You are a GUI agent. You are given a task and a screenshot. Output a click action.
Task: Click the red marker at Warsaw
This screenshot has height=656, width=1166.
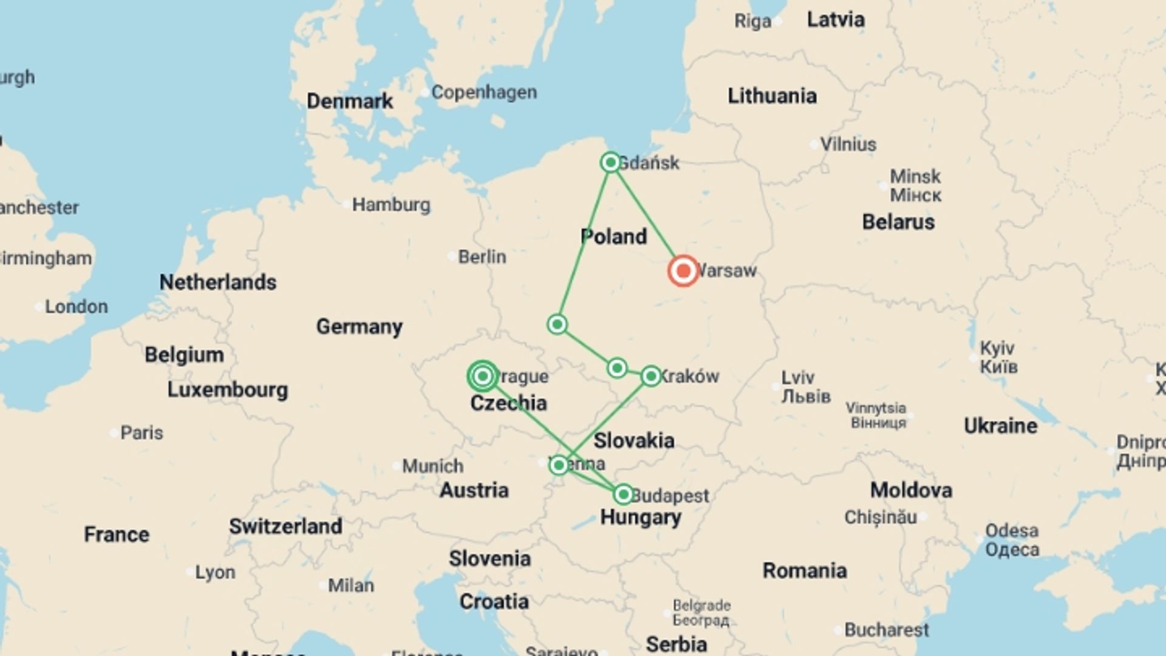click(683, 271)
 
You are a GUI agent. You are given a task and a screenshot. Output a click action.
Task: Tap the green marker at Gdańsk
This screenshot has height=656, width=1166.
click(610, 162)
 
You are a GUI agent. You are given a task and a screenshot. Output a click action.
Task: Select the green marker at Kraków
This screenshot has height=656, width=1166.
click(650, 377)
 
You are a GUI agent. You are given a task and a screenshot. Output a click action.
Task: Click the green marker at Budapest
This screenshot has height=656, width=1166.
click(623, 494)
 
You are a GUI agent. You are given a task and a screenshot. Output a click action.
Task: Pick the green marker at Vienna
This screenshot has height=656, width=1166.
click(559, 465)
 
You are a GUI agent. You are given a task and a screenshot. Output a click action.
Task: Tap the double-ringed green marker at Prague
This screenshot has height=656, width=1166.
click(483, 377)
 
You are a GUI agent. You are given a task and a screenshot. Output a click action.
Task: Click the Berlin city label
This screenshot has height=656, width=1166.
click(482, 257)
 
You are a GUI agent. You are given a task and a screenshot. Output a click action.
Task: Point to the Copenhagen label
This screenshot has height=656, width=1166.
click(484, 92)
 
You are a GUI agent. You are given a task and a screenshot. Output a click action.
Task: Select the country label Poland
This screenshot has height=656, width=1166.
click(613, 236)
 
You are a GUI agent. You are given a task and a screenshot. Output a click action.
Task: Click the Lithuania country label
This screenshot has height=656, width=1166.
click(772, 96)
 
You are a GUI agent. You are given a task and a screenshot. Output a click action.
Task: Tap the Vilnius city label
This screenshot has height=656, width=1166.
click(848, 145)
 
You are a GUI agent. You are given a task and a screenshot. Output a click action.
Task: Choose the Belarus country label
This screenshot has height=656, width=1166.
click(898, 222)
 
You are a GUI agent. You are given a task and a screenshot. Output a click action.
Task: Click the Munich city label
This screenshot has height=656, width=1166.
click(432, 466)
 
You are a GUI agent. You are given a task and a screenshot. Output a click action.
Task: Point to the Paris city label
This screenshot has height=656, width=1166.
click(141, 433)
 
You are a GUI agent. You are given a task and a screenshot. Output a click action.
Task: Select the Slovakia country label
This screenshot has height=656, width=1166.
click(633, 440)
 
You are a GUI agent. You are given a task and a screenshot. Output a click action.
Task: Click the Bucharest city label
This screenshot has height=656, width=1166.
click(886, 630)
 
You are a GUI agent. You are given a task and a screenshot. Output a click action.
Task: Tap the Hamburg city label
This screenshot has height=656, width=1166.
click(391, 205)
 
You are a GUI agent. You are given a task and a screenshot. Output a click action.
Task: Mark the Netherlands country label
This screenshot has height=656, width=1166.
click(217, 282)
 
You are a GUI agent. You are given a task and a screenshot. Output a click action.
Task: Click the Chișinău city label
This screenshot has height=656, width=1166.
click(880, 518)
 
